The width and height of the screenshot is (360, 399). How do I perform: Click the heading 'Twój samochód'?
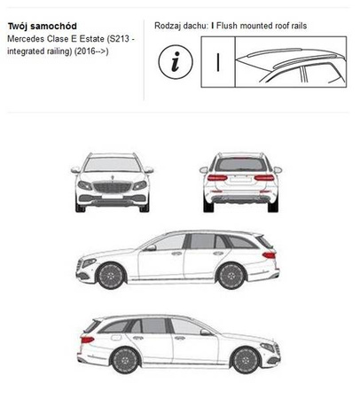(42, 26)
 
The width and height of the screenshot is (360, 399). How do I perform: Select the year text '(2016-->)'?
(91, 51)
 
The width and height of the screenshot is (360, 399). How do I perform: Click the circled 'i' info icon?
(176, 62)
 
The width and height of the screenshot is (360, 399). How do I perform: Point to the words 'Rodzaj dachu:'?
(181, 26)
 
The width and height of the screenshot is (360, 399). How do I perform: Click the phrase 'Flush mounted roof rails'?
(262, 26)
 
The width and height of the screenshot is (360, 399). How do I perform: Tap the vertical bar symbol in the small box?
(218, 62)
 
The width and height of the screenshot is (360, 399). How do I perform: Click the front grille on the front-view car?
(112, 187)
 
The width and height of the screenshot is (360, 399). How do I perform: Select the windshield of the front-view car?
(113, 165)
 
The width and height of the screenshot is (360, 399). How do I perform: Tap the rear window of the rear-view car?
(241, 165)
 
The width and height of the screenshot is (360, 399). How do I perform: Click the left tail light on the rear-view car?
(217, 177)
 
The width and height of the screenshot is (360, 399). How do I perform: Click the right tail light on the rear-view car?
(264, 177)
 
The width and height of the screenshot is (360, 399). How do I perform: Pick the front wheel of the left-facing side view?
(111, 276)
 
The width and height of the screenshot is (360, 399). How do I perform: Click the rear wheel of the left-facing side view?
(231, 276)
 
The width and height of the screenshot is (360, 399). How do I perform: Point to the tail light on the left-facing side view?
(269, 254)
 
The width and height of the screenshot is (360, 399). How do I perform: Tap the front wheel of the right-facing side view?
(246, 361)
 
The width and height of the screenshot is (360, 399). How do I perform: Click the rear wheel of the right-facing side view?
(126, 361)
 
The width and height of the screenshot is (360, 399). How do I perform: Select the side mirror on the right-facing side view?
(205, 332)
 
